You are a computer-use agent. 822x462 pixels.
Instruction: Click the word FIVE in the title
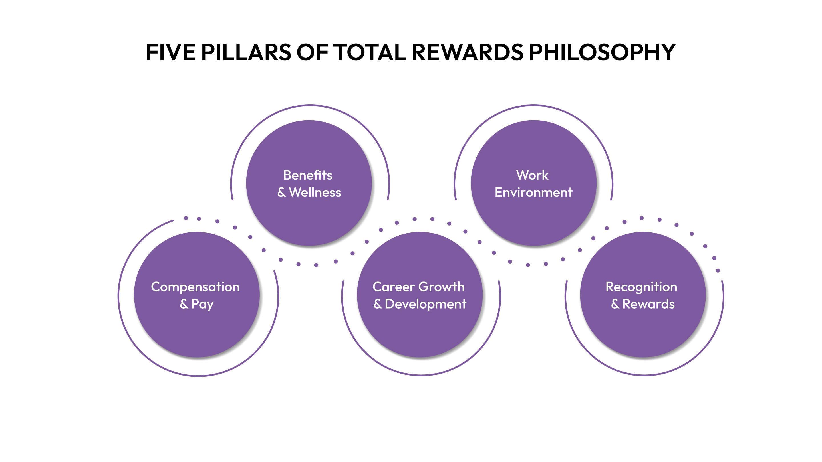(x=170, y=52)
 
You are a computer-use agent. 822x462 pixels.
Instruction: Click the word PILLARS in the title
(x=246, y=52)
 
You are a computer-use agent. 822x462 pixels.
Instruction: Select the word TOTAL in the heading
(x=370, y=52)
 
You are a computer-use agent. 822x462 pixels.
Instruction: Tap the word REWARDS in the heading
(x=468, y=52)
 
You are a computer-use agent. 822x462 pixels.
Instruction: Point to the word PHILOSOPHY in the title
(x=603, y=52)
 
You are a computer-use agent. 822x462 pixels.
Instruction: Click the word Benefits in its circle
(x=308, y=175)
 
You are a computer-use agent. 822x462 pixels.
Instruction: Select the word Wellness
(x=315, y=192)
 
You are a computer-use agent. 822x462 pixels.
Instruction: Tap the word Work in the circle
(x=532, y=175)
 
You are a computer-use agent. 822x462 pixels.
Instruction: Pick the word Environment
(x=533, y=192)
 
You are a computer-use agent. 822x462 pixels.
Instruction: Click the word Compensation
(x=195, y=287)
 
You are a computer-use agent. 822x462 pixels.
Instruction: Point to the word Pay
(x=202, y=305)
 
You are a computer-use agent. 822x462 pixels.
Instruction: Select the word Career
(x=394, y=287)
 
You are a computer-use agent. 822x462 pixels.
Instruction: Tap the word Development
(x=426, y=305)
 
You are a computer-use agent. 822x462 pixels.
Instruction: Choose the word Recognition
(x=641, y=287)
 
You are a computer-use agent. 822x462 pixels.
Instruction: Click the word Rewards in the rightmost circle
(x=648, y=304)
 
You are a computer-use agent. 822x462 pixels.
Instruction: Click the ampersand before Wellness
(x=281, y=192)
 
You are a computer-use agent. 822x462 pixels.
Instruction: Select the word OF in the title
(x=312, y=52)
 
